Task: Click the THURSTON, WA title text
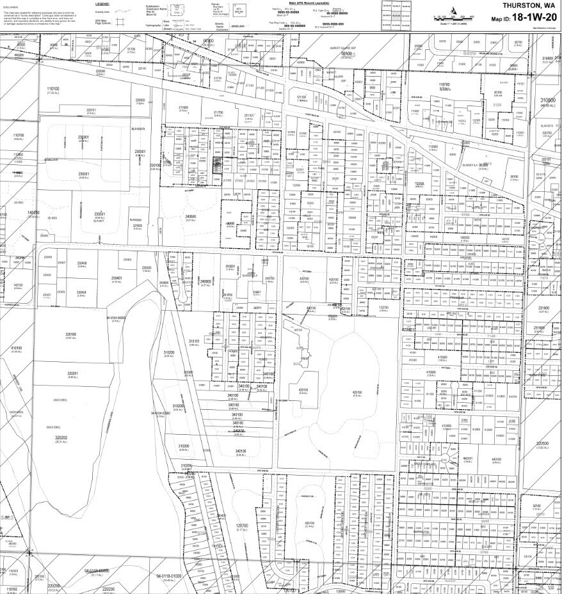tap(528, 5)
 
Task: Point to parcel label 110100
tap(52, 90)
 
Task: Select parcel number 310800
tap(547, 101)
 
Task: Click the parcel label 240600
tap(190, 217)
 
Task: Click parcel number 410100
tap(16, 348)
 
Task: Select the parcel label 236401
tap(116, 278)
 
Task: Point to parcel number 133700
tap(384, 308)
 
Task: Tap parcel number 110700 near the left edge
tap(18, 136)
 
